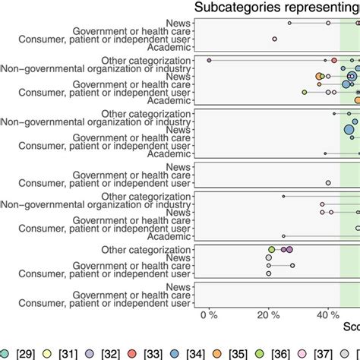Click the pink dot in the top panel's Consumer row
coord(275,39)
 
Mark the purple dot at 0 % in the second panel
coord(209,60)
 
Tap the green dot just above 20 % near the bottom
coord(272,249)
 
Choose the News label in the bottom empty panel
coord(178,287)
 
